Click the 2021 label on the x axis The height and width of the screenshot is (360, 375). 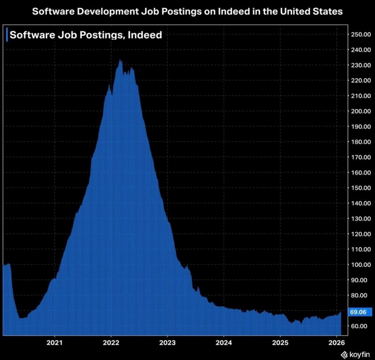(x=55, y=342)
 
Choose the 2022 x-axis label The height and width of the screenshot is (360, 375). (x=111, y=342)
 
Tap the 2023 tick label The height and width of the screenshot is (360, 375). (x=168, y=342)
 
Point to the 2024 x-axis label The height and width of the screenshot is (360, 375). (x=224, y=342)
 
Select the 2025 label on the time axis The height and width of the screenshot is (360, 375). (x=280, y=342)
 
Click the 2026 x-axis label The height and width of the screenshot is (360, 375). (x=335, y=342)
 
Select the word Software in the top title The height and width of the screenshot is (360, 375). (x=53, y=10)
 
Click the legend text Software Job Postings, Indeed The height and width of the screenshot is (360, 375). (x=86, y=35)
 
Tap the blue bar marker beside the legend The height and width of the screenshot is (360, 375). (x=6, y=35)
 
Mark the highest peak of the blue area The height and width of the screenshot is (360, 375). (x=120, y=60)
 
